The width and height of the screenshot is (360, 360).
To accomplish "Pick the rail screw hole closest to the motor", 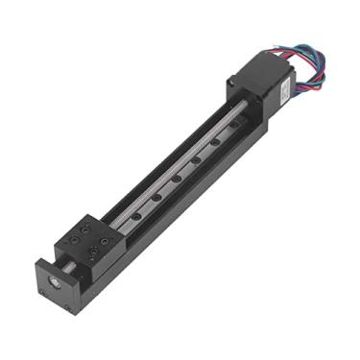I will (215, 142).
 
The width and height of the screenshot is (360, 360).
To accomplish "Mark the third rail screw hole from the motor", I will (177, 177).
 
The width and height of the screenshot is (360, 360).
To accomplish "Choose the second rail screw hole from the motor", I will (197, 158).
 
